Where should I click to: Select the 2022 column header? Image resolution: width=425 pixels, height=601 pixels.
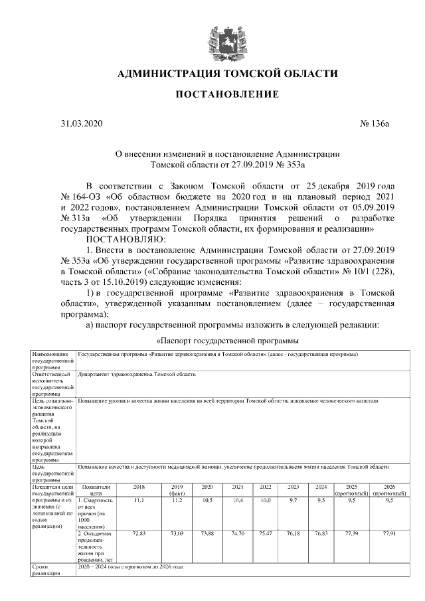pyautogui.click(x=265, y=487)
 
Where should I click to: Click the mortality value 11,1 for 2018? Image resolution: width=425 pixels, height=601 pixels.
pyautogui.click(x=138, y=499)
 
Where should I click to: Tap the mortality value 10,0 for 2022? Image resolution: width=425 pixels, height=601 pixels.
pyautogui.click(x=265, y=499)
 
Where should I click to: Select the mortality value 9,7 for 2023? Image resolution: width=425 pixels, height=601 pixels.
pyautogui.click(x=293, y=499)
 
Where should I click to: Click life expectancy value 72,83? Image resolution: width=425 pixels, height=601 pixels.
pyautogui.click(x=139, y=533)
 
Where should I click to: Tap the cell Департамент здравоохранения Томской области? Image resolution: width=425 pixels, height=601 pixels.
pyautogui.click(x=137, y=375)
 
